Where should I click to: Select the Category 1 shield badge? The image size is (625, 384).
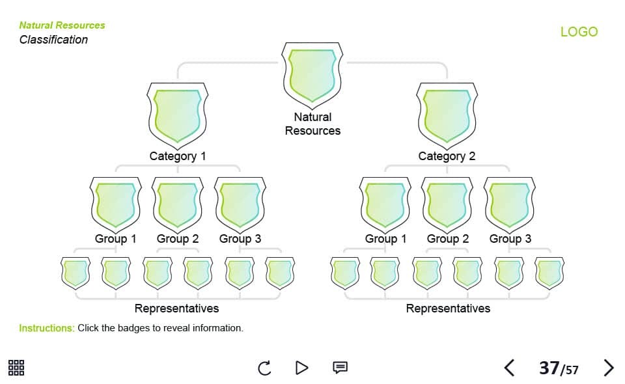click(x=178, y=115)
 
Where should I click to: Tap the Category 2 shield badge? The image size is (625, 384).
click(x=447, y=115)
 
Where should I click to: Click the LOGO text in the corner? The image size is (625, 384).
click(x=579, y=32)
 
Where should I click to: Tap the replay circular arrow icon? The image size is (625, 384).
click(x=264, y=368)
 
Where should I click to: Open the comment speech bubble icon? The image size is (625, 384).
click(x=340, y=368)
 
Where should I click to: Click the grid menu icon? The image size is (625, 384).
click(x=16, y=368)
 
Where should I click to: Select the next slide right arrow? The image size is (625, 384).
click(x=609, y=368)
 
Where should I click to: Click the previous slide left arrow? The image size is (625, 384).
click(x=509, y=368)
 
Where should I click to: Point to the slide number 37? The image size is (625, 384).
click(x=549, y=368)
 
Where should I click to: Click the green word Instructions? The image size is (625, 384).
click(x=47, y=328)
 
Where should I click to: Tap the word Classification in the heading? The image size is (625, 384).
click(x=53, y=40)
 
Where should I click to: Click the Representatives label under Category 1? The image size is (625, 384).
click(x=176, y=309)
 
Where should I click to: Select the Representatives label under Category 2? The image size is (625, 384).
click(x=448, y=309)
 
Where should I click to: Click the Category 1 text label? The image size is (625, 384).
click(x=178, y=156)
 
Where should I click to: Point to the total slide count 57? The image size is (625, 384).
click(x=572, y=370)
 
